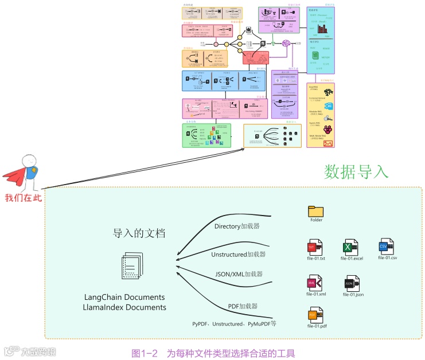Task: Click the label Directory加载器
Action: point(237,226)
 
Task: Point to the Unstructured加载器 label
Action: point(238,254)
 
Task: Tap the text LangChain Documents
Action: point(124,298)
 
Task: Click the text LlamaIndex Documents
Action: point(124,308)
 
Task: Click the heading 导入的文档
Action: point(139,233)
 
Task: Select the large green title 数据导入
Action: point(356,171)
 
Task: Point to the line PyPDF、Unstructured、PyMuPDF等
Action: point(234,324)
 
